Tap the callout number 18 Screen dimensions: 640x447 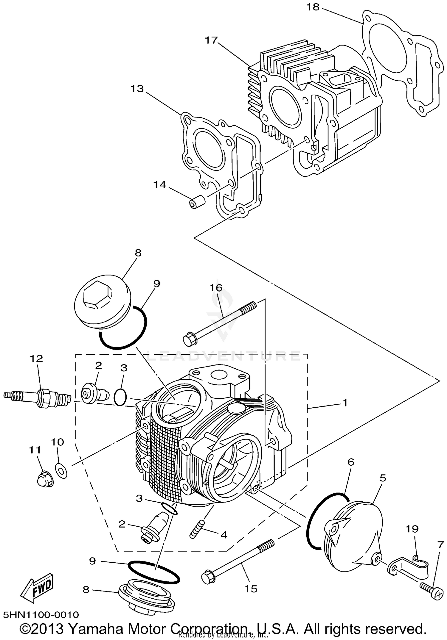click(x=313, y=7)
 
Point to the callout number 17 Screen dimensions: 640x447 click(x=212, y=40)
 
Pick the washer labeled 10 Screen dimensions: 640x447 click(x=61, y=471)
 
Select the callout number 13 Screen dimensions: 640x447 click(x=137, y=88)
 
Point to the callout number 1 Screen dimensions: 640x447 click(x=345, y=403)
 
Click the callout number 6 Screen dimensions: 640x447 click(x=351, y=462)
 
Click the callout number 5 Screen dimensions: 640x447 click(x=383, y=478)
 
